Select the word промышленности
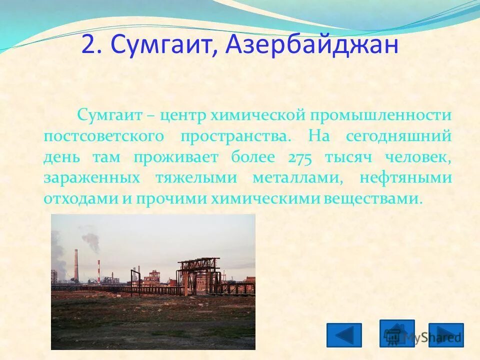(381, 115)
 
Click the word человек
(418, 157)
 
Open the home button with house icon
(396, 333)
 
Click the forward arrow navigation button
(446, 335)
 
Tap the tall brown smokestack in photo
(76, 265)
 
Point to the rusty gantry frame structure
(198, 273)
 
